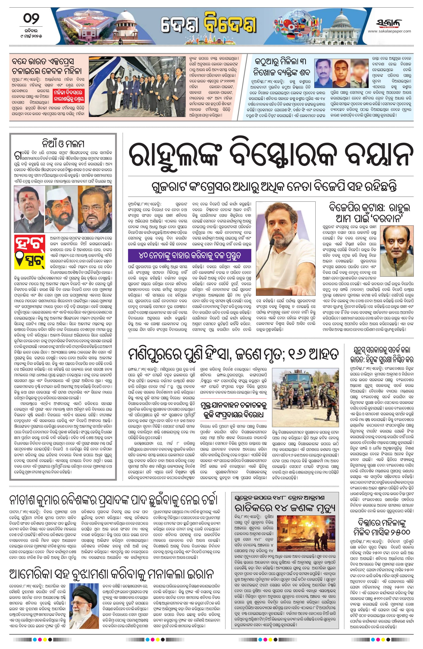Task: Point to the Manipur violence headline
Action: click(235, 355)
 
